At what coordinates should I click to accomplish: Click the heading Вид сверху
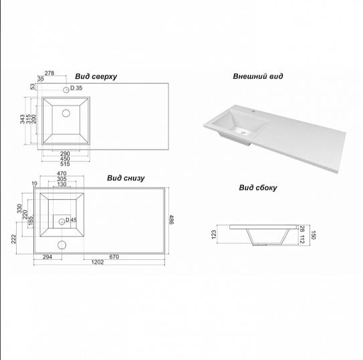pos(96,77)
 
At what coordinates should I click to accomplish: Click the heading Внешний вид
pos(258,76)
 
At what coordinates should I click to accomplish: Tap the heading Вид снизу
pos(126,178)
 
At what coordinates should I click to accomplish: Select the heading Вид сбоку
pos(258,188)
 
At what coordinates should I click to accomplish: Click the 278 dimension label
pos(49,73)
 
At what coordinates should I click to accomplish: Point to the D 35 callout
pos(76,88)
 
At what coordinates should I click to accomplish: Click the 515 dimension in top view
pos(65,164)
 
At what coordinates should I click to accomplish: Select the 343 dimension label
pos(22,119)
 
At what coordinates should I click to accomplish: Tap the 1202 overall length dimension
pos(98,262)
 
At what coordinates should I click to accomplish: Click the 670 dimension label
pos(114,257)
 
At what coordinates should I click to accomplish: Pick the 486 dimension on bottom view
pos(172,220)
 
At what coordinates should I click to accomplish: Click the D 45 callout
pos(71,220)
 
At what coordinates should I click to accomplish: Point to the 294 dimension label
pos(47,257)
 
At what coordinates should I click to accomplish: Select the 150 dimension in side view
pos(313,235)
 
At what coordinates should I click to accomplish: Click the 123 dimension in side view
pos(214,234)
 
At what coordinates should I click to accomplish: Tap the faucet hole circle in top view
pos(66,89)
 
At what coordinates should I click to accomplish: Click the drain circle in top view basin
pos(66,113)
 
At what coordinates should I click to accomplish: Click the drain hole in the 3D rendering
pos(243,133)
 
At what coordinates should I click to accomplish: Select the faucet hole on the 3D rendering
pos(253,112)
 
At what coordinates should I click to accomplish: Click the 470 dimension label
pos(62,173)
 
